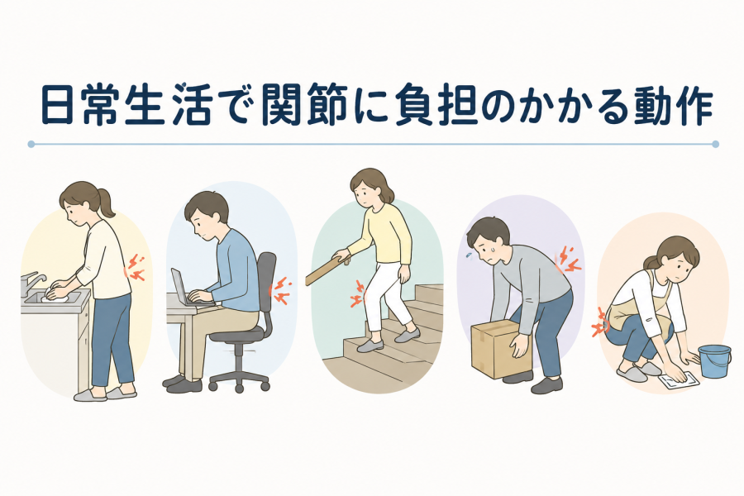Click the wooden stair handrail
328,269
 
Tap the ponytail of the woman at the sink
105,202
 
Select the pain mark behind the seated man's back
280,290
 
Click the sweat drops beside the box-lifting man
469,256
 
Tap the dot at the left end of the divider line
31,144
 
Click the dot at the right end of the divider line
716,144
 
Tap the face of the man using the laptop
199,227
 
